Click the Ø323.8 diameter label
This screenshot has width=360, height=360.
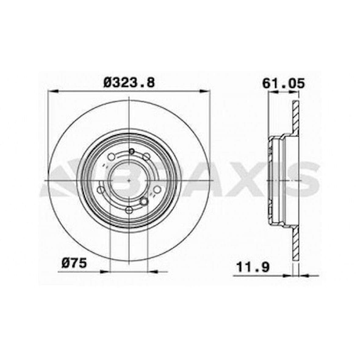(129, 82)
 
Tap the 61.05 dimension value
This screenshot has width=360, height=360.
(283, 83)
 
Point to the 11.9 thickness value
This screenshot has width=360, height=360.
(253, 267)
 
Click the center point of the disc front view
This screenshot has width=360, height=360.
(129, 181)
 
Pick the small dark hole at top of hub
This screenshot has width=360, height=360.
(132, 151)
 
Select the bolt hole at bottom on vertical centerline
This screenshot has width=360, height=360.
(129, 210)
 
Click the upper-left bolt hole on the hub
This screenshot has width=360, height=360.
(112, 157)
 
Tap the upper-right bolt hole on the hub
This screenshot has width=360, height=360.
(147, 157)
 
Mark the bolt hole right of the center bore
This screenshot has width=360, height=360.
(157, 190)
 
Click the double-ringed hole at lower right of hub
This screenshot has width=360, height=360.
(144, 201)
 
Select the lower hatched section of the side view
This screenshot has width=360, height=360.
(296, 243)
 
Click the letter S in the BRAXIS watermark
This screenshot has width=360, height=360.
(305, 180)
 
